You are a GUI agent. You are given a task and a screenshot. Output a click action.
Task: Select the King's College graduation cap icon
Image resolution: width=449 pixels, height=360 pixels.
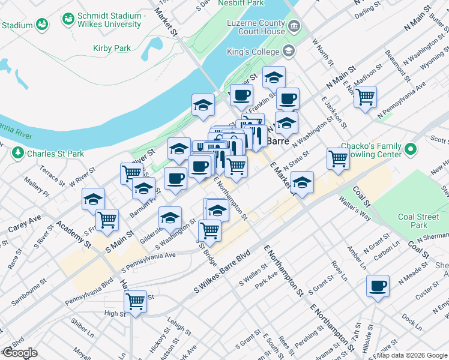(289, 52)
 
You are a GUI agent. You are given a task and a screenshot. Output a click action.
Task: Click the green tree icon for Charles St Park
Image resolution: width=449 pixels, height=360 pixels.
(17, 154)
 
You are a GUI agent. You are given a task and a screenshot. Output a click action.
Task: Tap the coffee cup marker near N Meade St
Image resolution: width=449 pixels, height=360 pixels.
(378, 286)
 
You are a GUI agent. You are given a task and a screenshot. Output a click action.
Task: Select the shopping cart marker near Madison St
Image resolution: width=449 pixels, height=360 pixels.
(365, 96)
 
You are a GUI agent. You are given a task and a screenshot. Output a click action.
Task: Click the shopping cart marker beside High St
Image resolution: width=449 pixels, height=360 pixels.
(136, 301)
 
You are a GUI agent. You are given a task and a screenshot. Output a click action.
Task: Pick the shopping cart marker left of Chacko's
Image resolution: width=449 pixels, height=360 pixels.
(339, 158)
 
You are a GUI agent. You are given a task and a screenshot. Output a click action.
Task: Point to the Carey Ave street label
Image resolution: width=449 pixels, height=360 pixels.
(25, 223)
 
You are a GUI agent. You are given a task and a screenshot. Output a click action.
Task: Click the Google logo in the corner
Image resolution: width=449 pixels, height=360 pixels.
(20, 353)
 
